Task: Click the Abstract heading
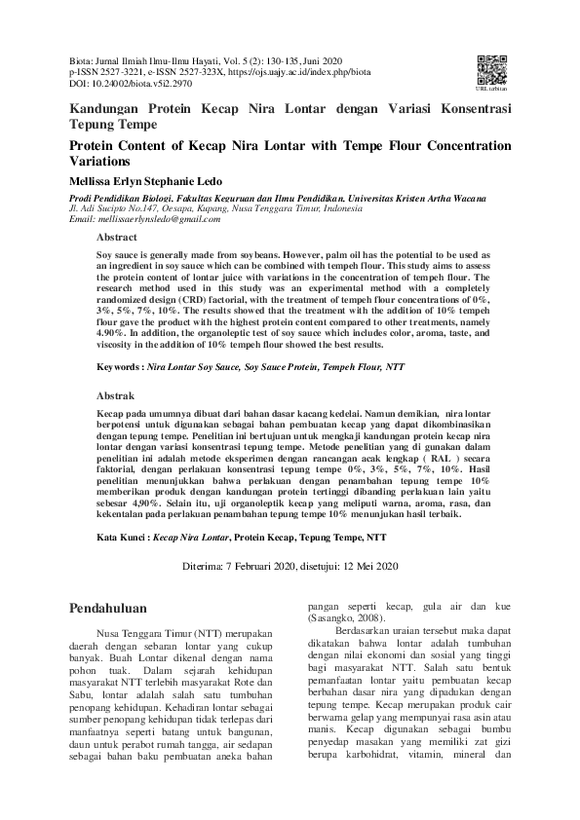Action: (116, 237)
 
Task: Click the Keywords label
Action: (119, 369)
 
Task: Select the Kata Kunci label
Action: (122, 537)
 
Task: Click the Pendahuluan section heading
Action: (108, 608)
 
